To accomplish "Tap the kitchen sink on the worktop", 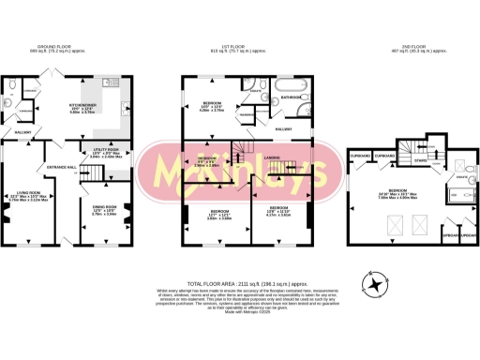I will (x=125, y=102).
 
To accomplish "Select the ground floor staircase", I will (x=89, y=174).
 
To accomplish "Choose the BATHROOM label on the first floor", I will (x=289, y=97).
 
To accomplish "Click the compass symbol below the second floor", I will (x=375, y=284).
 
